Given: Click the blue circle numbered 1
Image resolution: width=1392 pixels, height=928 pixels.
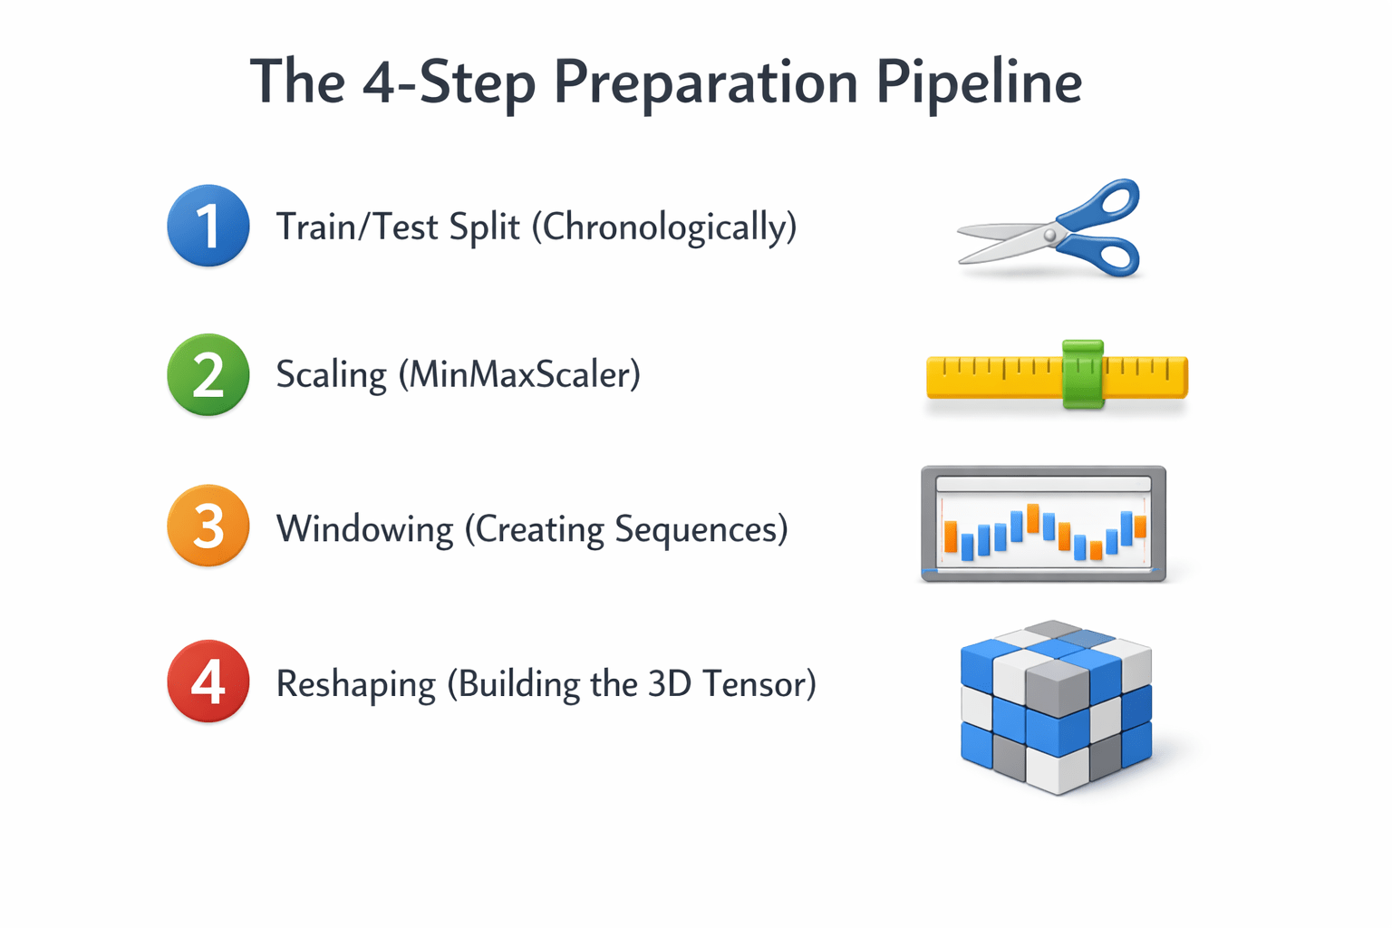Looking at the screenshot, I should click(x=208, y=226).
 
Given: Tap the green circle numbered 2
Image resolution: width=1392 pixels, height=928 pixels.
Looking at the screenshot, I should click(x=208, y=374).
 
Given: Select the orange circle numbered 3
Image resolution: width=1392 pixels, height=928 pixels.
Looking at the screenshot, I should click(x=208, y=526).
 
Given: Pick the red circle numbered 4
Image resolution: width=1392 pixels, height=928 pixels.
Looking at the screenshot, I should click(x=208, y=681).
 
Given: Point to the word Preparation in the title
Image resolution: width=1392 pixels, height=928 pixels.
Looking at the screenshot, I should click(x=705, y=83).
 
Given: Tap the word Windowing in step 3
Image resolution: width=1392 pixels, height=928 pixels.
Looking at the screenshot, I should click(x=364, y=529).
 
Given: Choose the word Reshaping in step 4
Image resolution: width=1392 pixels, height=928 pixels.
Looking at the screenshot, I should click(x=355, y=685).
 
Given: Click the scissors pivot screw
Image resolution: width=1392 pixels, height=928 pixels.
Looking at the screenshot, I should click(x=1050, y=235).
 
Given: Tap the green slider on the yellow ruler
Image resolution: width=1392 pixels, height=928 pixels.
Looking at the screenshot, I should click(x=1083, y=374).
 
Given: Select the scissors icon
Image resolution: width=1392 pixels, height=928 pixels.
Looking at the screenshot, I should click(x=1051, y=228).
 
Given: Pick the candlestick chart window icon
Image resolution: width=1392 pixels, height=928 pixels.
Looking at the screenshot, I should click(x=1043, y=524).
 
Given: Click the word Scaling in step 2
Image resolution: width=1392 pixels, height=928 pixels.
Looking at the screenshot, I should click(x=331, y=375).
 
